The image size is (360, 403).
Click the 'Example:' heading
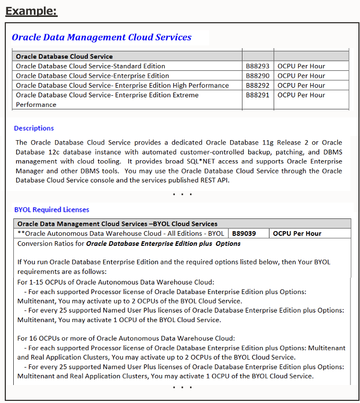[x=31, y=11]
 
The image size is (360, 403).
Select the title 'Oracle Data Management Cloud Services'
[x=102, y=37]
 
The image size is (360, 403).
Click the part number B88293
[x=257, y=66]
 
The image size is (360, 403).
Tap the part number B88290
[x=257, y=76]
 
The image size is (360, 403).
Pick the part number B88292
[x=257, y=85]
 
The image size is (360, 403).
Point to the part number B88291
[x=257, y=95]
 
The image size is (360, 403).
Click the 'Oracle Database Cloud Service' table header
[x=64, y=56]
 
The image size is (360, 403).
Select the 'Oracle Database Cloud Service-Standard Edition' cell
[x=91, y=66]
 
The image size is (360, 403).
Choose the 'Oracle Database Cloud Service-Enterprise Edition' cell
[x=93, y=76]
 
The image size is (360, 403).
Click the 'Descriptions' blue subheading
[x=34, y=128]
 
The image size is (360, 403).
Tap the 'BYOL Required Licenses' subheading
[x=52, y=209]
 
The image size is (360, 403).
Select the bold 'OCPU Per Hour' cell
[x=297, y=233]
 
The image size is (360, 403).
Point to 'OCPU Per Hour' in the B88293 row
[x=301, y=66]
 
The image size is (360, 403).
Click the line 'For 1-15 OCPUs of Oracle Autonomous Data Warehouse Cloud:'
[x=116, y=282]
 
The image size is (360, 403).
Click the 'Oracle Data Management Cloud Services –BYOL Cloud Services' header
[x=118, y=224]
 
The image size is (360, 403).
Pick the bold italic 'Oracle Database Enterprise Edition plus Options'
[x=163, y=244]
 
